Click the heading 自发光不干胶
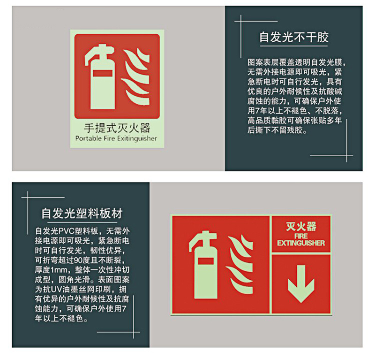tap(294, 38)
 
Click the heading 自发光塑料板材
tap(82, 214)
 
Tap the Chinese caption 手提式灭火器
tap(117, 128)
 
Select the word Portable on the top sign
tap(88, 138)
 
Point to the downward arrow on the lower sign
tap(301, 283)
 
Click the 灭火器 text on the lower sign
tap(301, 227)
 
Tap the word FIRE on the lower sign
tap(301, 236)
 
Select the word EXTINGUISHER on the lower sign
tap(301, 243)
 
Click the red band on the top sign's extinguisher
tap(103, 73)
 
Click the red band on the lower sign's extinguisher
tap(206, 261)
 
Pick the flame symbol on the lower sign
tap(240, 265)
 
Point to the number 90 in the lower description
tap(78, 260)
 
